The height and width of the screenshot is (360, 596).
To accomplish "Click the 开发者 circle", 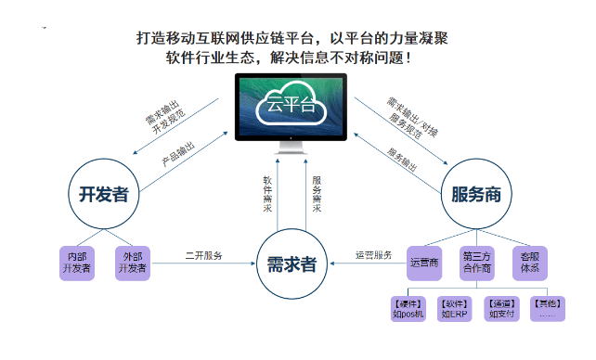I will coord(103,194).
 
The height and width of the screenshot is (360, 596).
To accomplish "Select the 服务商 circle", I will coord(476,194).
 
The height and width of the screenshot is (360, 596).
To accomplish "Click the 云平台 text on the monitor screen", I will coord(289,104).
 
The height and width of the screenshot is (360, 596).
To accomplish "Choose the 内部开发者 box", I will coord(77,263).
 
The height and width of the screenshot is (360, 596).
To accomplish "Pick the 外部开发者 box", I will coord(133,263).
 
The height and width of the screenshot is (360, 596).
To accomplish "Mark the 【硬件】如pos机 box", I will coord(408,309).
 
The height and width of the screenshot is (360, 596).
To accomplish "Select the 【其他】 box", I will coord(548,309).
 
